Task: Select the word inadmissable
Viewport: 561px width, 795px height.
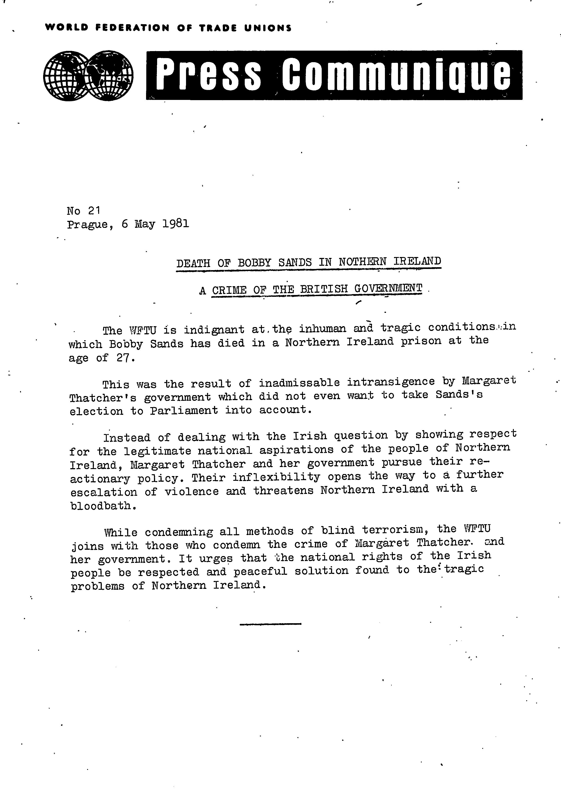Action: tap(299, 383)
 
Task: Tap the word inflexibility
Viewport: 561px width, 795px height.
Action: tap(276, 477)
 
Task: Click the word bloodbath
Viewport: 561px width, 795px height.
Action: tap(102, 506)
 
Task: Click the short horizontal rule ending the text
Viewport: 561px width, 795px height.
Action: tap(270, 624)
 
